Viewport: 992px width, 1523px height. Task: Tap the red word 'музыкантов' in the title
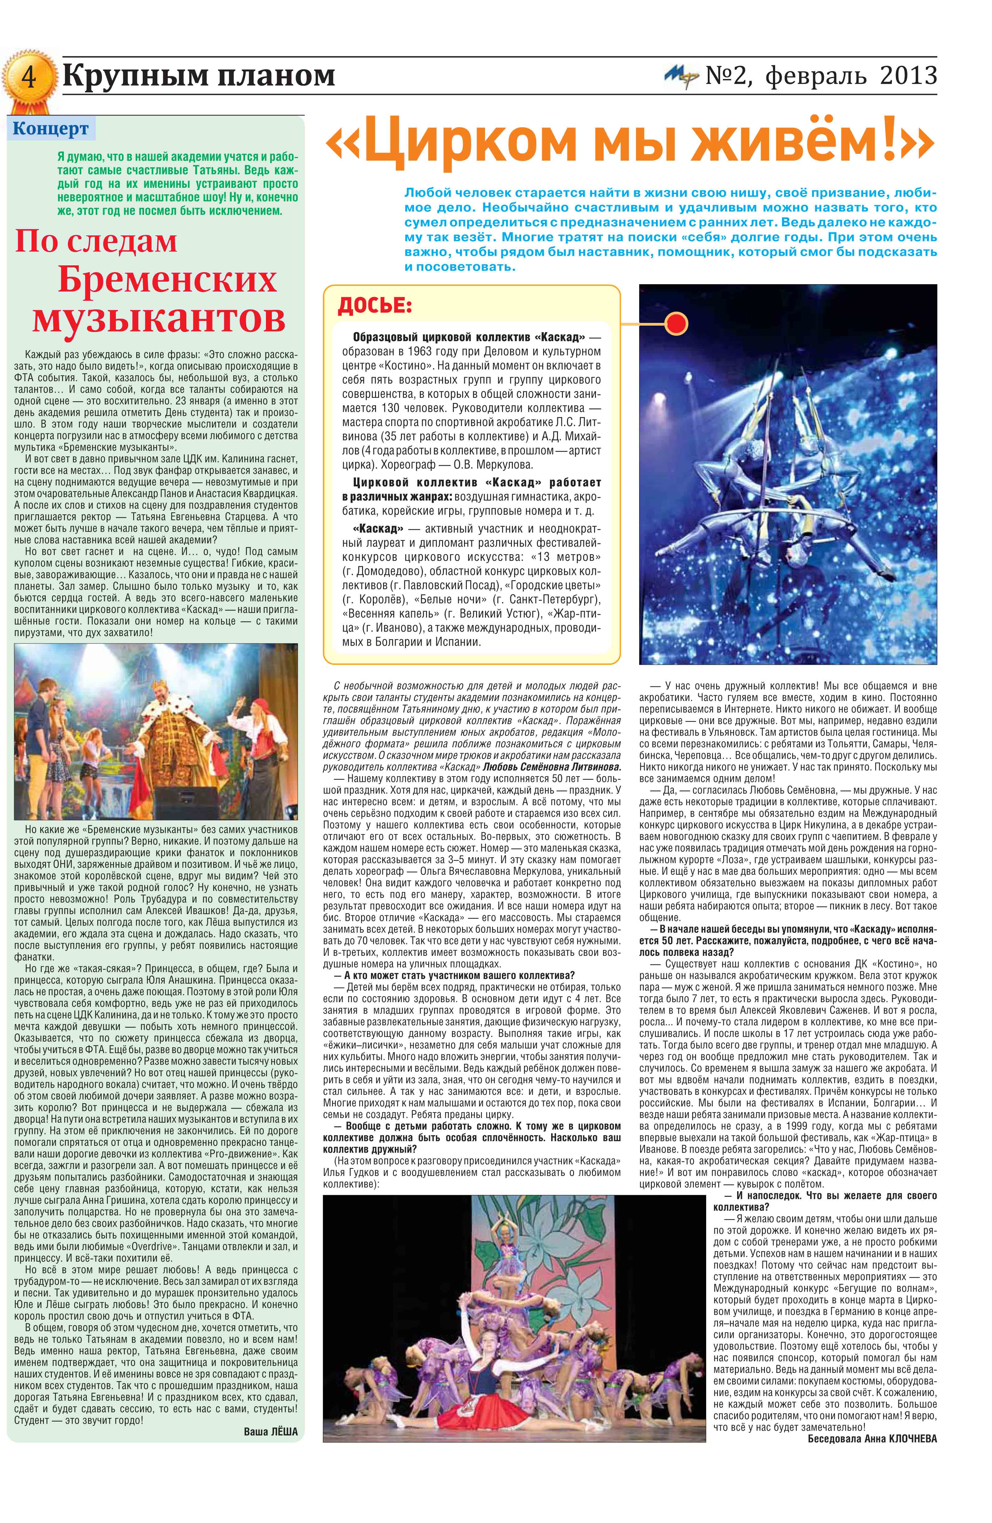(x=159, y=318)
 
